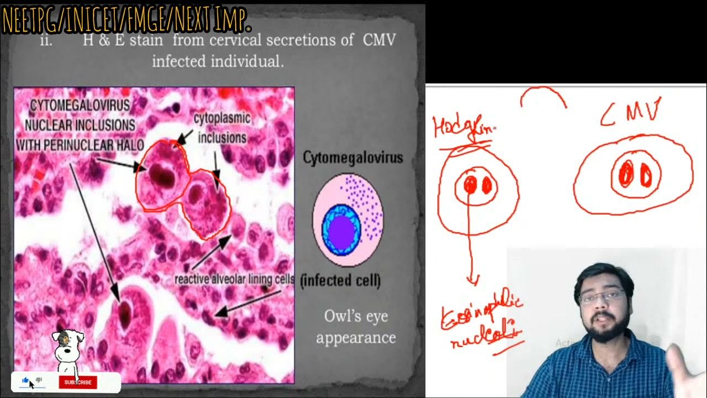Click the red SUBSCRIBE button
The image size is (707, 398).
[x=78, y=382]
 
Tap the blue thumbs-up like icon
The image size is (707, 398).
[x=25, y=380]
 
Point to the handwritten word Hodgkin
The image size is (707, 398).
[x=463, y=127]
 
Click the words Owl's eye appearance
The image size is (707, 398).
[x=356, y=327]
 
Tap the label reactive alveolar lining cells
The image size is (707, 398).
[x=234, y=279]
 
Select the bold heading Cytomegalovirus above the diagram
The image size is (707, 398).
[x=353, y=158]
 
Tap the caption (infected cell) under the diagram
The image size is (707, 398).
[x=341, y=281]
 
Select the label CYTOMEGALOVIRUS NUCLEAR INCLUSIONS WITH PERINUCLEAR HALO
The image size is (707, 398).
[x=80, y=125]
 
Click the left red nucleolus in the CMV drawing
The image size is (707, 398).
[x=627, y=175]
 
